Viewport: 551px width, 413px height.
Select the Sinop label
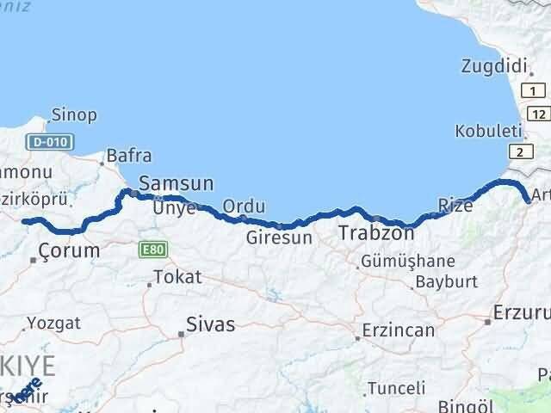click(x=73, y=114)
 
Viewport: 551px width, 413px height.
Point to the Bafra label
click(x=129, y=156)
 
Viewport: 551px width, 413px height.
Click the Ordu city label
click(x=244, y=206)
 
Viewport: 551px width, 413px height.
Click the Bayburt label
click(x=445, y=280)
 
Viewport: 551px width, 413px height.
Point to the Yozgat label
click(x=53, y=323)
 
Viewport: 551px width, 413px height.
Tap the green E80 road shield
click(x=151, y=249)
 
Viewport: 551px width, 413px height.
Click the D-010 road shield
click(x=50, y=141)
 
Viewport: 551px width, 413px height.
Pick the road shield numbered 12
click(x=538, y=114)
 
